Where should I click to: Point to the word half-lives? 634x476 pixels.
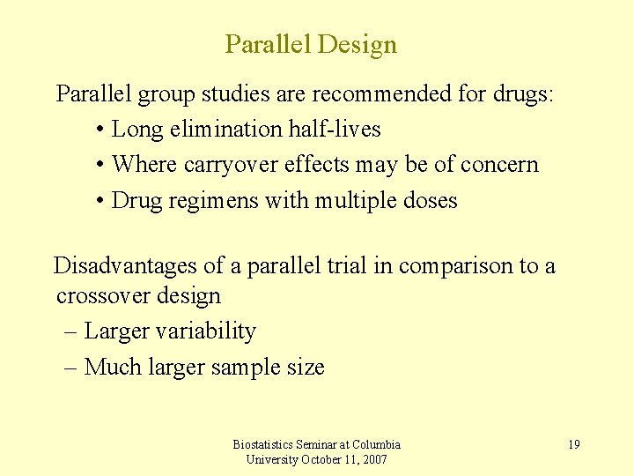point(335,130)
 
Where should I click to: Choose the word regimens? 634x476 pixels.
point(209,201)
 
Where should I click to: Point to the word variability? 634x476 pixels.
point(204,332)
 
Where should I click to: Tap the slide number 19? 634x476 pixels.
point(573,444)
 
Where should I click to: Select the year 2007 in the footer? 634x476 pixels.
point(372,459)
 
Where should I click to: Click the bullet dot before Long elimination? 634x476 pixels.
point(102,130)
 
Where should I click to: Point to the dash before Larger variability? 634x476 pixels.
point(72,332)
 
